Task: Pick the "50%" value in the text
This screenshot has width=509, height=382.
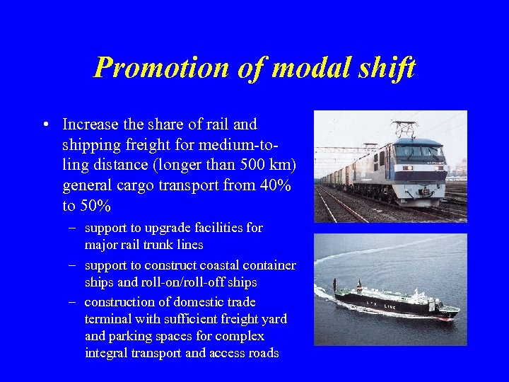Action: click(x=97, y=206)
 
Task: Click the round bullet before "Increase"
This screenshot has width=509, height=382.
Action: click(x=45, y=125)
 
